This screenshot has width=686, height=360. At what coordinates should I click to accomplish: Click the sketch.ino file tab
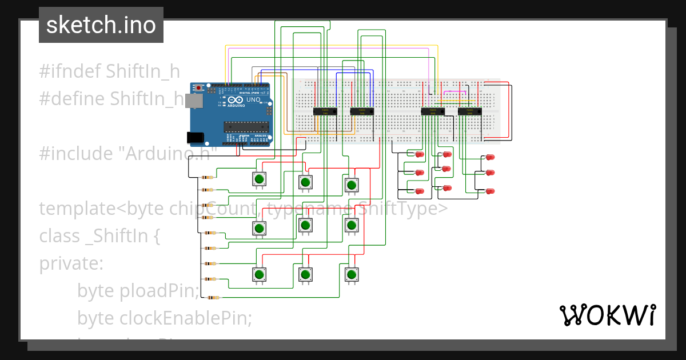(101, 25)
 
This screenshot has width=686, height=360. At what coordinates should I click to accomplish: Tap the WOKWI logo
(607, 315)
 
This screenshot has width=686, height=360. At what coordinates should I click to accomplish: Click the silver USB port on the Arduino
(195, 101)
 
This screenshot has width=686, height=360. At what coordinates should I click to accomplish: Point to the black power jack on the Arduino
(196, 137)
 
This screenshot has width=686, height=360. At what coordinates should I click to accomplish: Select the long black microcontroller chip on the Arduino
(245, 127)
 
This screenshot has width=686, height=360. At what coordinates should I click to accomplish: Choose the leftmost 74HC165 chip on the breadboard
(325, 111)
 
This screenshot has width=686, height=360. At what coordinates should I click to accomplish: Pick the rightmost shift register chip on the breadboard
(469, 111)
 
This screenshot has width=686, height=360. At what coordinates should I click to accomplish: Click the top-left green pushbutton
(259, 179)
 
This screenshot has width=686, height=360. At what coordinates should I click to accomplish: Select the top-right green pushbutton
(352, 185)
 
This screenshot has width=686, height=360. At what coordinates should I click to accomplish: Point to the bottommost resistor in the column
(213, 298)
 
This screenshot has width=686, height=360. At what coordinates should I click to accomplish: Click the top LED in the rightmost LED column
(490, 157)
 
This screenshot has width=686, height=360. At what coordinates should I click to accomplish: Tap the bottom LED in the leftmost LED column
(419, 191)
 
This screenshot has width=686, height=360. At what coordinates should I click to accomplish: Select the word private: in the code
(71, 263)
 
